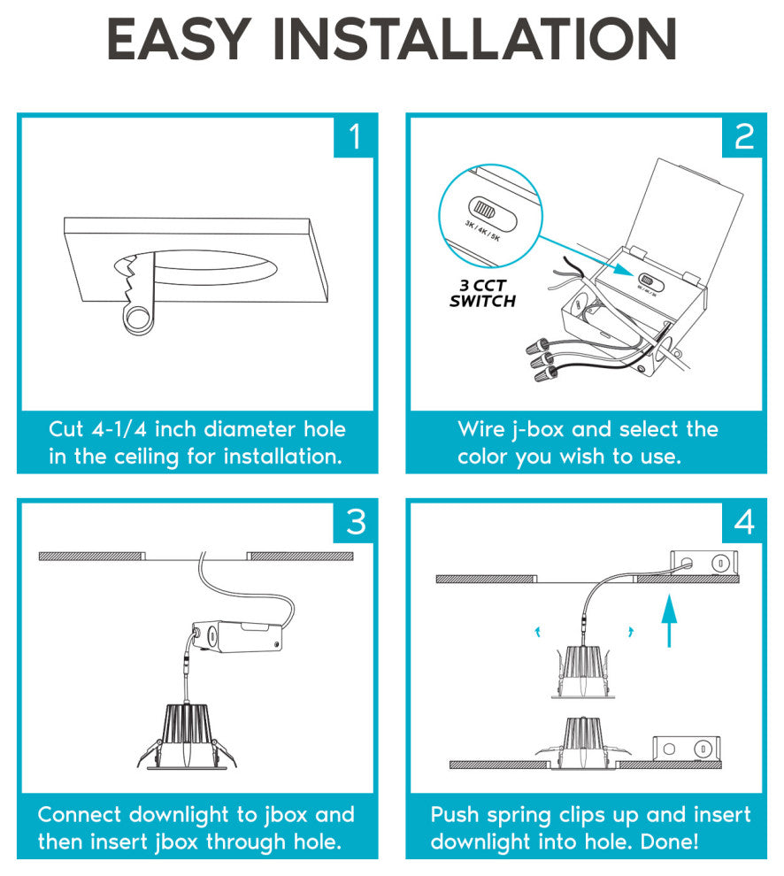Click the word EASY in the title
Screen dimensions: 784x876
pyautogui.click(x=178, y=39)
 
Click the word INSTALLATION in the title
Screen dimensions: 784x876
pyautogui.click(x=475, y=39)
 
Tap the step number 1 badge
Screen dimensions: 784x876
pyautogui.click(x=353, y=136)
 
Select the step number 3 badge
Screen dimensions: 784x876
pyautogui.click(x=353, y=522)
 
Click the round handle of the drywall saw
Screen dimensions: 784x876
pyautogui.click(x=137, y=318)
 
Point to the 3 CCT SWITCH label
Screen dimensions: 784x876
pyautogui.click(x=483, y=293)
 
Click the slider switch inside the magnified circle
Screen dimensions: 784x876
pyautogui.click(x=492, y=213)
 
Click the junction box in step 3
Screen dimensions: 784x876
pyautogui.click(x=237, y=637)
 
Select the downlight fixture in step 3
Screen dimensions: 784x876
pyautogui.click(x=188, y=736)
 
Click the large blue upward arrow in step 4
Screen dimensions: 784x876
pyautogui.click(x=669, y=620)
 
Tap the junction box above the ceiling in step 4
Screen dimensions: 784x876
pyautogui.click(x=704, y=563)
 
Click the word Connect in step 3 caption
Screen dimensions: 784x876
pyautogui.click(x=80, y=815)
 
